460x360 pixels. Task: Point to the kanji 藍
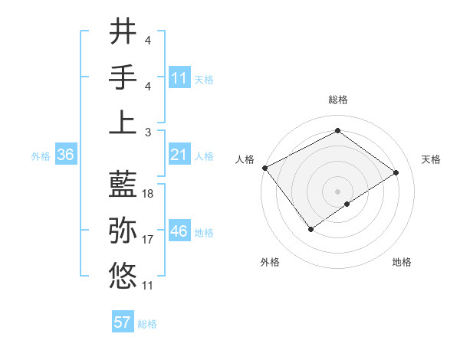[123, 184]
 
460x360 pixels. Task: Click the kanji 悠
[123, 274]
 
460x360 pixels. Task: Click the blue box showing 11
[179, 77]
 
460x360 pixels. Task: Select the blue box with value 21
[179, 155]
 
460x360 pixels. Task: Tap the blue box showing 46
[179, 231]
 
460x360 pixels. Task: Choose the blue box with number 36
[66, 155]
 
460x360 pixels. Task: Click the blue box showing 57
[123, 322]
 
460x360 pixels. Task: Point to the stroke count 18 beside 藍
[149, 194]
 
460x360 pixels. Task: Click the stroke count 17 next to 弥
[149, 240]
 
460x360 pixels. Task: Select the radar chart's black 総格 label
[337, 100]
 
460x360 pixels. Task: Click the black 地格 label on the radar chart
[402, 262]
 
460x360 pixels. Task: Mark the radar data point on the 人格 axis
[264, 168]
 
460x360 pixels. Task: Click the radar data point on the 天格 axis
[396, 172]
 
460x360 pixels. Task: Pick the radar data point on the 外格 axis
[310, 229]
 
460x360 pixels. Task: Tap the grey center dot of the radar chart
[337, 191]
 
